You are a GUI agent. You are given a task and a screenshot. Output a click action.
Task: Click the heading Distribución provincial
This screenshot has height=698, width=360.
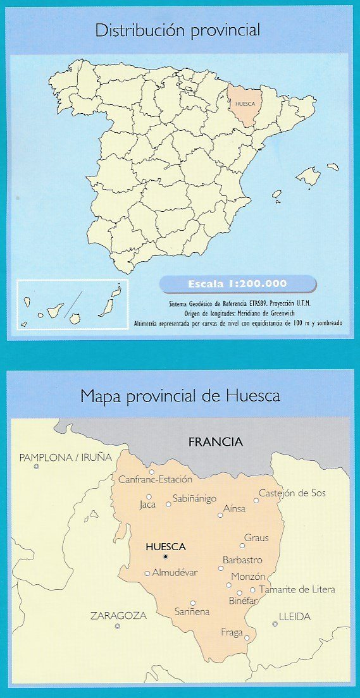pos(178,30)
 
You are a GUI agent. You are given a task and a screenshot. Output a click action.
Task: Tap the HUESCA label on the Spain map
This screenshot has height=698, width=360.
pos(244,102)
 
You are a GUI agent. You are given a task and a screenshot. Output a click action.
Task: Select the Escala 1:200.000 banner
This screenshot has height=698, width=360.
pos(238,283)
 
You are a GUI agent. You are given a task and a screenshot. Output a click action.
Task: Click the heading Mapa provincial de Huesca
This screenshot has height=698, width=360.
pos(180,397)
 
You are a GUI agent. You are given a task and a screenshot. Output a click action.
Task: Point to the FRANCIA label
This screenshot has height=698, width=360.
pos(216,442)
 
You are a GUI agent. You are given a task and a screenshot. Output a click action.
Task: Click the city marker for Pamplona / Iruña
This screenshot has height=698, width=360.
pos(37,467)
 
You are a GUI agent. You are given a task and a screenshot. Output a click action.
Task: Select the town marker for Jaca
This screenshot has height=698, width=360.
pos(149,496)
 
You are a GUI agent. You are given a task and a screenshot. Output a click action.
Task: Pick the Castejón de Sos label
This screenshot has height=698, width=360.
pos(292,493)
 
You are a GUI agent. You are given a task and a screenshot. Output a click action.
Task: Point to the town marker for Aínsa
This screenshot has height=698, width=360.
pos(220,515)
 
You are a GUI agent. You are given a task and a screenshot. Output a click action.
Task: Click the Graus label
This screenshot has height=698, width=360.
pos(257,538)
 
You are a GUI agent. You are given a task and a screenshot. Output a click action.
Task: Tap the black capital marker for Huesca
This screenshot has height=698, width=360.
pos(165,557)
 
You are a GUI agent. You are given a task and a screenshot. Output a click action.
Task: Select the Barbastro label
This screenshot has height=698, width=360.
pos(242,560)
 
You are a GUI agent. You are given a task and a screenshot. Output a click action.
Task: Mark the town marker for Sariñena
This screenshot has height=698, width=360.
pos(193,603)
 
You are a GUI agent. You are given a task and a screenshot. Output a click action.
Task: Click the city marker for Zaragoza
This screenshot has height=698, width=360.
pos(117,626)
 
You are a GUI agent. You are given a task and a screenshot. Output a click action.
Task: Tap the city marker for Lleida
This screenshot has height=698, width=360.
pos(275,624)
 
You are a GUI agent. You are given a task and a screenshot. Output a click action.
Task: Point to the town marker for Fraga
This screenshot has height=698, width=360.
pos(247,637)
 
